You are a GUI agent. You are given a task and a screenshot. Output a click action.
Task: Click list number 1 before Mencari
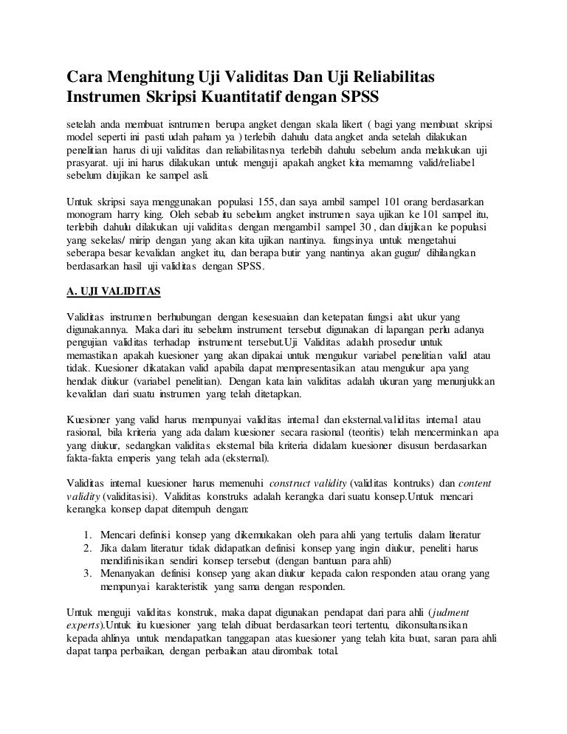(x=88, y=534)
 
